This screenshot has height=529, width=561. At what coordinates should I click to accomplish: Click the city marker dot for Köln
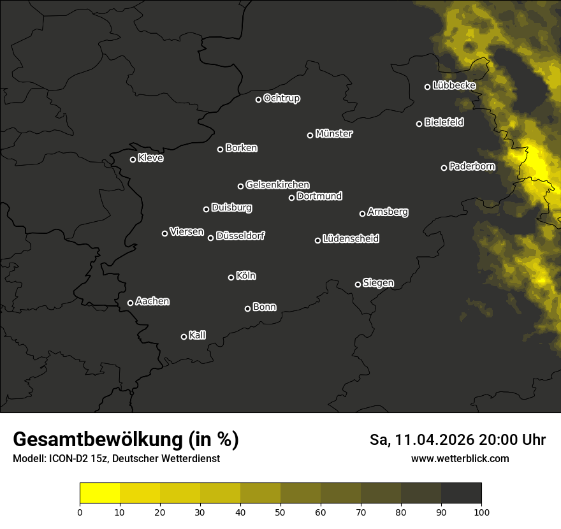tap(231, 277)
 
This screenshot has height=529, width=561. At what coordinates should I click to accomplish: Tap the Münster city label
tap(334, 134)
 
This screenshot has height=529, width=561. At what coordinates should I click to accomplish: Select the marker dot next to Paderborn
tap(444, 168)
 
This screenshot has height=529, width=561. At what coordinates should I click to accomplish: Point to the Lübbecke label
tap(454, 85)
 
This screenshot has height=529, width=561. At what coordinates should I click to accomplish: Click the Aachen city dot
tap(130, 303)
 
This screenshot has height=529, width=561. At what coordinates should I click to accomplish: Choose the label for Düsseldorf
tap(240, 236)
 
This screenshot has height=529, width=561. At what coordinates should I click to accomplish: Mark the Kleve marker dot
tap(133, 159)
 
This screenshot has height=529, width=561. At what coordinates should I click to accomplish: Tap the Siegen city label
tap(378, 283)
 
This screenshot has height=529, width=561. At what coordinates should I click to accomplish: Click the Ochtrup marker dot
tap(258, 99)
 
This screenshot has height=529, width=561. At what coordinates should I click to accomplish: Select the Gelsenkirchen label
tap(277, 185)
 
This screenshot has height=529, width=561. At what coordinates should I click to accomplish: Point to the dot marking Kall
tap(184, 337)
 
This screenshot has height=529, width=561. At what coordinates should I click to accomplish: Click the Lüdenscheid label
tap(351, 239)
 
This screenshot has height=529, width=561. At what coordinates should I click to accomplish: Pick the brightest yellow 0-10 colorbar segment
tap(100, 493)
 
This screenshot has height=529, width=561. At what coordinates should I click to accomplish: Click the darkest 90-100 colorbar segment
tap(461, 493)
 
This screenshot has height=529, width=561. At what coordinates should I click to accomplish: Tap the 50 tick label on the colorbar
tap(280, 512)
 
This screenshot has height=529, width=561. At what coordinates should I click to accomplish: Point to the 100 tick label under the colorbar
tap(481, 512)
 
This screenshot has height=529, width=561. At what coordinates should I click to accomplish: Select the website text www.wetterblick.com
tap(460, 458)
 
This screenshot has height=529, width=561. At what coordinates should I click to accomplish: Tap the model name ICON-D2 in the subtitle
tap(67, 459)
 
